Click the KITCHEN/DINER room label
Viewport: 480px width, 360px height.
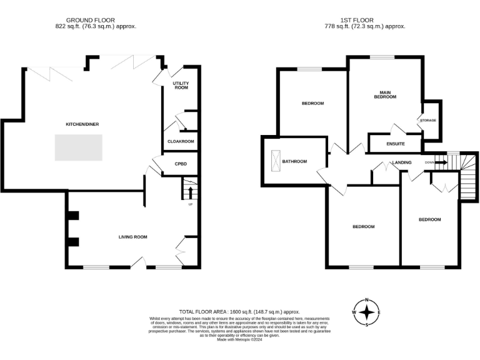tap(82, 124)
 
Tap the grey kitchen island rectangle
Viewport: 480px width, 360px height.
tap(78, 147)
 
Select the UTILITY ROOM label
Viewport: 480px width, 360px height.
tap(181, 86)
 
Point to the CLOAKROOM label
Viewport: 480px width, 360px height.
tap(181, 141)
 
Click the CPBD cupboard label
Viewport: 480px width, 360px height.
tap(181, 164)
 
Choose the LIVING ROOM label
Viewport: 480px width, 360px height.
tap(133, 237)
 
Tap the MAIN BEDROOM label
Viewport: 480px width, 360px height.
tap(385, 94)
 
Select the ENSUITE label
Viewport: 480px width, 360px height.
tap(396, 144)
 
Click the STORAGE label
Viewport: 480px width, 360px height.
tap(428, 120)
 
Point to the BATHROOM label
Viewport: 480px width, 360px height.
tap(294, 161)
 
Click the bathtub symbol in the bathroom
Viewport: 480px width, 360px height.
tap(274, 161)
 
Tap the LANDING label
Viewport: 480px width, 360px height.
tap(401, 162)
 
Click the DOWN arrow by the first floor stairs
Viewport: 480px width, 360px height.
tap(436, 163)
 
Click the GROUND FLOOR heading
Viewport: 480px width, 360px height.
tap(94, 20)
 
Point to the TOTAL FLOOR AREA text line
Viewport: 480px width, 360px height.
tap(239, 311)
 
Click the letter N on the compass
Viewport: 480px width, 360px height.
tap(367, 299)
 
